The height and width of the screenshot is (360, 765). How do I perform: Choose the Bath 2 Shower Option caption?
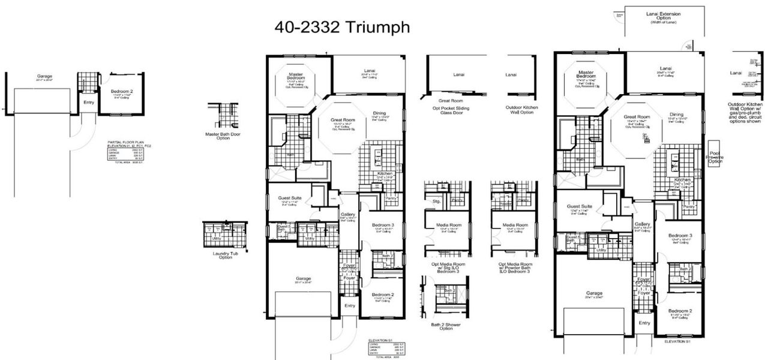(x=446, y=326)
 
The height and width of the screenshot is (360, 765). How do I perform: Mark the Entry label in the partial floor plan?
(x=89, y=103)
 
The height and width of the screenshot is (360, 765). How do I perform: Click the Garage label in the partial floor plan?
(x=44, y=76)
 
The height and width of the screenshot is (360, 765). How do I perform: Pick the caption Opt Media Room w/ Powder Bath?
(x=515, y=267)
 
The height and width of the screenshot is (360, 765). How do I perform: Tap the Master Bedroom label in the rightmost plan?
(x=586, y=74)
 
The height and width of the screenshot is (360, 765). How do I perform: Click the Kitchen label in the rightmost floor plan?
(x=682, y=180)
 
